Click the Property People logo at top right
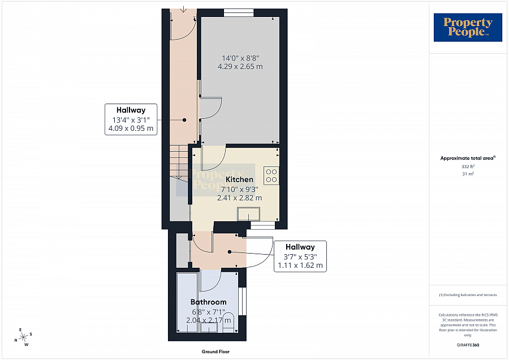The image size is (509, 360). [x=468, y=28]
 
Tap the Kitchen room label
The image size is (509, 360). [x=240, y=179]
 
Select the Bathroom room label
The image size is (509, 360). [x=208, y=302]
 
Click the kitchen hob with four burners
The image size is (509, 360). [x=271, y=175]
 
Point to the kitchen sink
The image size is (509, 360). [x=249, y=214]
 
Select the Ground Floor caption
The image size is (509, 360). [x=215, y=352]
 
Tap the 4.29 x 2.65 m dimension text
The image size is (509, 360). [x=240, y=67]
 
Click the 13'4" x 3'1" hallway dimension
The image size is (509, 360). [x=131, y=119]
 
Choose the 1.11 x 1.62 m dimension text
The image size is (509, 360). [x=300, y=265]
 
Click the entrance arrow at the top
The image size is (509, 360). [x=184, y=8]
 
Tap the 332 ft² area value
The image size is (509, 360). [x=468, y=167]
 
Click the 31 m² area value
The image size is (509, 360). [x=468, y=174]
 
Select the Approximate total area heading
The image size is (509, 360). [x=468, y=158]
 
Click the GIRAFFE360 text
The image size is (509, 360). [x=468, y=344]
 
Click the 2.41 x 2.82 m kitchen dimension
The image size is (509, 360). [x=240, y=198]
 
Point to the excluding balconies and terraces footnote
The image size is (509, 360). [x=468, y=295]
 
